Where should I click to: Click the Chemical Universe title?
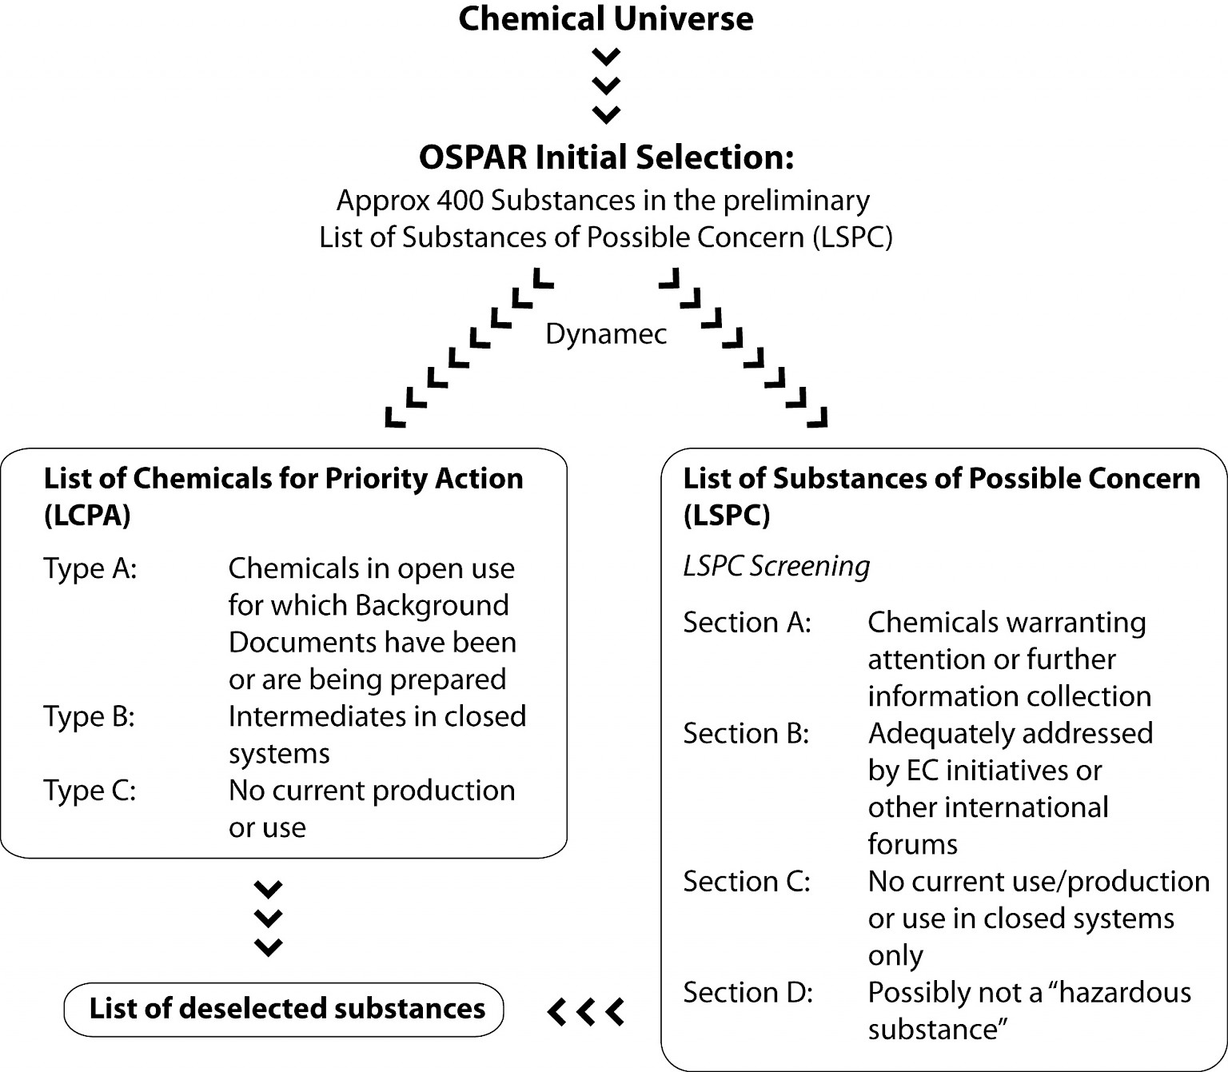(605, 19)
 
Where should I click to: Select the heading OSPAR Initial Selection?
(606, 157)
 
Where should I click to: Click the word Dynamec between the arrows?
(605, 334)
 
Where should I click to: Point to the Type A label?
(90, 569)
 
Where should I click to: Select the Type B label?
(89, 717)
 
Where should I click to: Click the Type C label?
(90, 791)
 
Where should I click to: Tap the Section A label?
(747, 623)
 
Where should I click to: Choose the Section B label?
(746, 734)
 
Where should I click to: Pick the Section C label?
(747, 882)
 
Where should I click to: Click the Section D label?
(748, 993)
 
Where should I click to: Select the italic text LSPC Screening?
(775, 567)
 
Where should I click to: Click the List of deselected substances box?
(284, 1009)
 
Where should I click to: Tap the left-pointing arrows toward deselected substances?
(585, 1011)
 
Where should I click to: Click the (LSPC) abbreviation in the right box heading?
(726, 516)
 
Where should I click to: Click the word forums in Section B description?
(912, 844)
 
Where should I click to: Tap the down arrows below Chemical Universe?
(606, 86)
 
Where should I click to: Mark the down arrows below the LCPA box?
(268, 918)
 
